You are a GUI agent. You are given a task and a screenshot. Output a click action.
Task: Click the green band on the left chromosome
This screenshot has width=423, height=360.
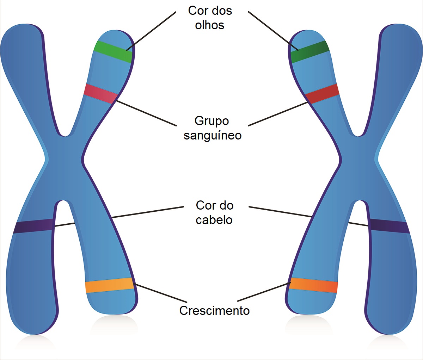pyautogui.click(x=113, y=52)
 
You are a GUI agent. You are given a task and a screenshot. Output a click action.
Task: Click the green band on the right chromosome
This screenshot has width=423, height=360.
pyautogui.click(x=309, y=52)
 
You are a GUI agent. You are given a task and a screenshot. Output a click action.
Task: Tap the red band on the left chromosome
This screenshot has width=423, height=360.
pyautogui.click(x=100, y=94)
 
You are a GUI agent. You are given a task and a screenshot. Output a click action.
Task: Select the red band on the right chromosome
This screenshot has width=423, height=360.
pyautogui.click(x=322, y=93)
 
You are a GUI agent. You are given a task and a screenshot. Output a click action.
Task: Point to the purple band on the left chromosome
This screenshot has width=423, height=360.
pyautogui.click(x=33, y=226)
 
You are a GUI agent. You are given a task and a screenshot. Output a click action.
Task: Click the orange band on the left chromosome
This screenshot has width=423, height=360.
pyautogui.click(x=109, y=285)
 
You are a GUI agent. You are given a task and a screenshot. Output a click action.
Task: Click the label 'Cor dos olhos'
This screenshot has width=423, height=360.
pyautogui.click(x=210, y=18)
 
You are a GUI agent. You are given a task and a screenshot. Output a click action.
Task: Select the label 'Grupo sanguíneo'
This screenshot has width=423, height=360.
pyautogui.click(x=212, y=128)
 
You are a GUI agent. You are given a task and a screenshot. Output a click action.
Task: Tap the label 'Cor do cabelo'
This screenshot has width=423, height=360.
pyautogui.click(x=214, y=212)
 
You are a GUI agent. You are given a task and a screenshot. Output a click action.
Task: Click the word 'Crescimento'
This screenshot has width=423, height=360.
pyautogui.click(x=214, y=311)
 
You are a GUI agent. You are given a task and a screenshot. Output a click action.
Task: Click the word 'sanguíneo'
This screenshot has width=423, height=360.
pyautogui.click(x=213, y=136)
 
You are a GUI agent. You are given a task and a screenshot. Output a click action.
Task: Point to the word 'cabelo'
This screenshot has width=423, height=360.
pyautogui.click(x=214, y=220)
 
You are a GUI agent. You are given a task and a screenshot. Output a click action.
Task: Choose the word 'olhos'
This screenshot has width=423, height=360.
pyautogui.click(x=210, y=25)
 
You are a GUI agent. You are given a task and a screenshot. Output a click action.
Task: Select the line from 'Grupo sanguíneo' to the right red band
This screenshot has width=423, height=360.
pyautogui.click(x=278, y=114)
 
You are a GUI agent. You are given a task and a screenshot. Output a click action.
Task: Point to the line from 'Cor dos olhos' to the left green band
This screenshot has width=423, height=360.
pyautogui.click(x=152, y=31)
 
